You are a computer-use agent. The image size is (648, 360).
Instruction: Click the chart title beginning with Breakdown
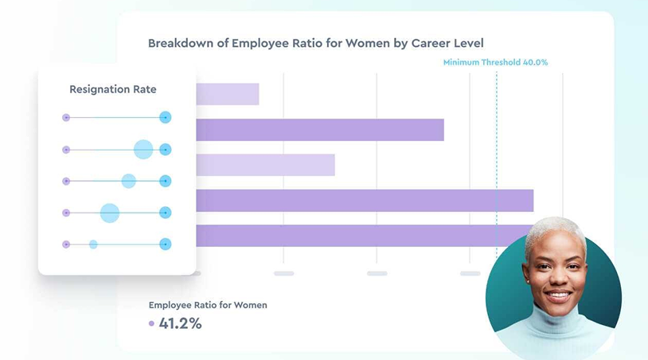coord(315,43)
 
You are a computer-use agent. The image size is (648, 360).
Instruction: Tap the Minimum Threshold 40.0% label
coord(495,62)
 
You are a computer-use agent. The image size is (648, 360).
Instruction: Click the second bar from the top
coord(318,130)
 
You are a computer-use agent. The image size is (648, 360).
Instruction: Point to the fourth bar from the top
coord(364,201)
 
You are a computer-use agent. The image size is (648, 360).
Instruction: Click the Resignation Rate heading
coord(112,89)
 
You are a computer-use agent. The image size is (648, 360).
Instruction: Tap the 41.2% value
coord(180,323)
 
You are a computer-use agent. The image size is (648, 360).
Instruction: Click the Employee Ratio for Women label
coord(208,305)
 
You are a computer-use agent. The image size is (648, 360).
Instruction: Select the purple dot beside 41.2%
coord(151,323)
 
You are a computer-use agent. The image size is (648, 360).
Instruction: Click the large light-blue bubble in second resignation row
coord(143,149)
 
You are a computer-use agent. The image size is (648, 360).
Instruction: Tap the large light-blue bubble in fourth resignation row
coord(110,213)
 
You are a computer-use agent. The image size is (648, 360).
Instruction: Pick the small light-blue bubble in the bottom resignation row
coord(93,244)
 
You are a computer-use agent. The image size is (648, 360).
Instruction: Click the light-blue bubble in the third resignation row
coord(128,181)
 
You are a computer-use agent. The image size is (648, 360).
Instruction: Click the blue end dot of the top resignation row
coord(165,117)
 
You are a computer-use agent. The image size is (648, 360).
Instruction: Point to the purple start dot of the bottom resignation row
coord(66,244)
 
